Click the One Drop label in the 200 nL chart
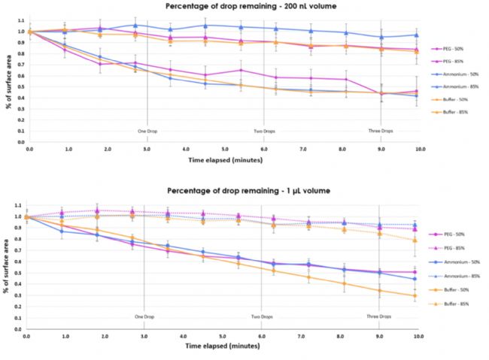click(146, 130)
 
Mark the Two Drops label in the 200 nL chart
click(263, 130)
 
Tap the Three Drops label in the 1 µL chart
click(380, 316)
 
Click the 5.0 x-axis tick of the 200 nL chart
click(224, 150)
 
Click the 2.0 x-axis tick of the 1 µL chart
click(105, 335)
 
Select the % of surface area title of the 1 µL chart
click(8, 267)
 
